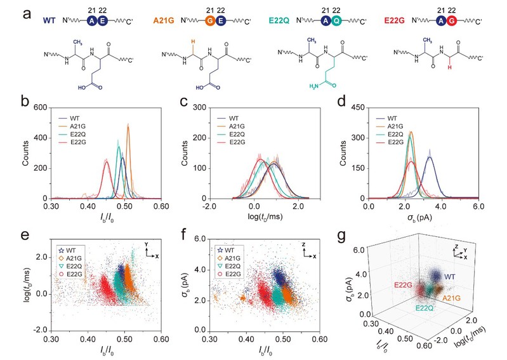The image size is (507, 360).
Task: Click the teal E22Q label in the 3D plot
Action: [412, 307]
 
